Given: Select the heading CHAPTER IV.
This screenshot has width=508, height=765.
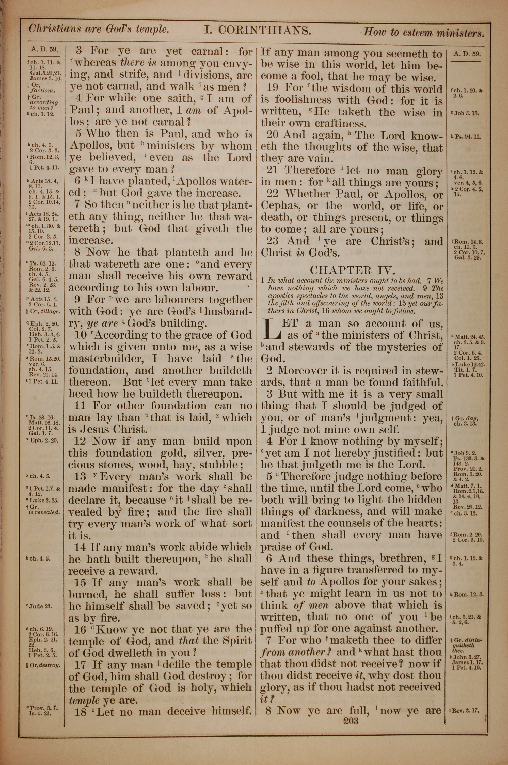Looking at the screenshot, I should coord(352,270).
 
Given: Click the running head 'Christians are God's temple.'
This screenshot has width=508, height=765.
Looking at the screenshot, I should coord(99,29).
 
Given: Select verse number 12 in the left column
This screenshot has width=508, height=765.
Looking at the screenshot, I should coord(80,441).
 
